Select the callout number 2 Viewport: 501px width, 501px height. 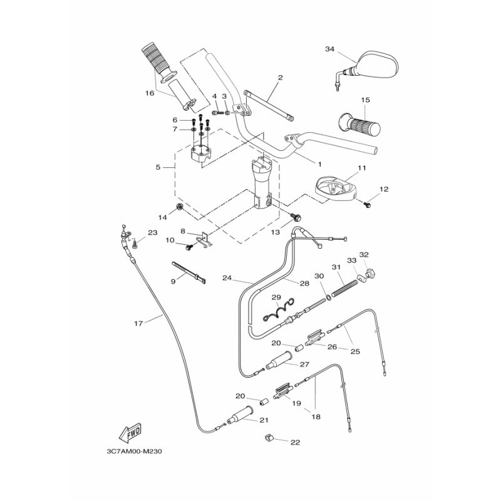280,78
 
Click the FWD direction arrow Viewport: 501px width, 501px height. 129,433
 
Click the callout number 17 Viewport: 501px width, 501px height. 139,323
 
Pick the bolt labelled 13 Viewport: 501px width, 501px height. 297,217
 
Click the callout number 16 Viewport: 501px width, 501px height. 150,94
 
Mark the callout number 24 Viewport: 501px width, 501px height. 226,277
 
